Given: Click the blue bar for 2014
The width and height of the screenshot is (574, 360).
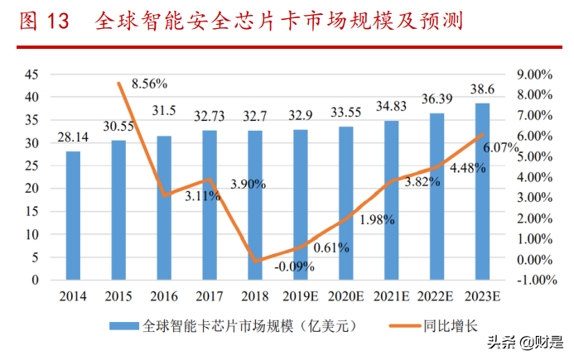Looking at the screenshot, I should pos(73,215).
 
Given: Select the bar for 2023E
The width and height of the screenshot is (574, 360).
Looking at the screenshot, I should pos(482,191).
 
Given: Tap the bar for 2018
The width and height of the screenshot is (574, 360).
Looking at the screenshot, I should pos(255,205).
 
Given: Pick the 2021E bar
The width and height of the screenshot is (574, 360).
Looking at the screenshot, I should pos(391,200).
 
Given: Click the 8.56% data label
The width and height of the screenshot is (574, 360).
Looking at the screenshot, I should pos(150,83).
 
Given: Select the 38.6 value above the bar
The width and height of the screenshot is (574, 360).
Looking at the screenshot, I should pos(482,89).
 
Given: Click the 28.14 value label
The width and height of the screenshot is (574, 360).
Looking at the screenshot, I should pos(73,137).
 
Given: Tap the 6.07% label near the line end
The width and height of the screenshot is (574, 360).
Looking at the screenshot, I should pos(501,148).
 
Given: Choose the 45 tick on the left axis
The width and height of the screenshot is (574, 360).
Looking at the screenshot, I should pos(31,74).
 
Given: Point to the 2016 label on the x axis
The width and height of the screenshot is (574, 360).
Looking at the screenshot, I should pos(164,295).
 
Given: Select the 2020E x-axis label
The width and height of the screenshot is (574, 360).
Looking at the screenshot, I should pos(345,295).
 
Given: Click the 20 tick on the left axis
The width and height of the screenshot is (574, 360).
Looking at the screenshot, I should pos(31,188).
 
